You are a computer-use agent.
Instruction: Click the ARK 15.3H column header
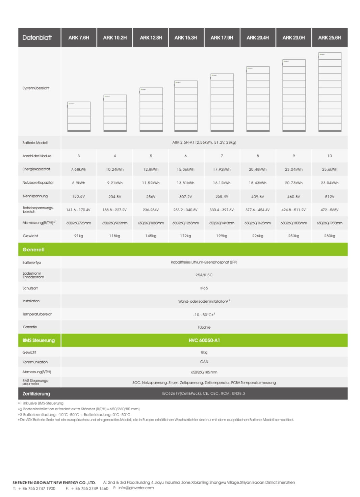coord(186,38)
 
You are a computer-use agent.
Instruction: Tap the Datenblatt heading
coord(37,38)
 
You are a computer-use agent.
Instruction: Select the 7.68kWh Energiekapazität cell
coord(79,169)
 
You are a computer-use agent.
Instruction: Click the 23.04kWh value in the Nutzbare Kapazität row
coord(330,183)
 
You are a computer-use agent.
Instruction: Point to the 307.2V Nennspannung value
coord(186,196)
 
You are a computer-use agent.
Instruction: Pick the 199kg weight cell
coord(222,236)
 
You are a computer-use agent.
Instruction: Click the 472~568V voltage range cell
coord(330,210)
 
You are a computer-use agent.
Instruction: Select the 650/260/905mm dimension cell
coord(115,223)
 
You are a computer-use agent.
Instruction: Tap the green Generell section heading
coord(33,250)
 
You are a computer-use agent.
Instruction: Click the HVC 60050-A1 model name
coord(204,340)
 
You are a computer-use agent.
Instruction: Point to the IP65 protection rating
coord(204,288)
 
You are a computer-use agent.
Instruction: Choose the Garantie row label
coord(30,327)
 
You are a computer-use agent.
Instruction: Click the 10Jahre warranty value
coord(204,327)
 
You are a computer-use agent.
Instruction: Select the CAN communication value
coord(204,362)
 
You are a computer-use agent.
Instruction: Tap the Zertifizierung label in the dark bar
coord(36,394)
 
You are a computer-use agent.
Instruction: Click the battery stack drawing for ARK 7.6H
coord(79,116)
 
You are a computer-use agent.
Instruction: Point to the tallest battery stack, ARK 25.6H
coord(330,92)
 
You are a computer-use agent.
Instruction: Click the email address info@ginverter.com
coord(136,488)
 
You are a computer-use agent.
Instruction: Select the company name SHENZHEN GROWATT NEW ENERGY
coord(54,483)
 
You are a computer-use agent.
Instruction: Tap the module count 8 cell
coord(258,156)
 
